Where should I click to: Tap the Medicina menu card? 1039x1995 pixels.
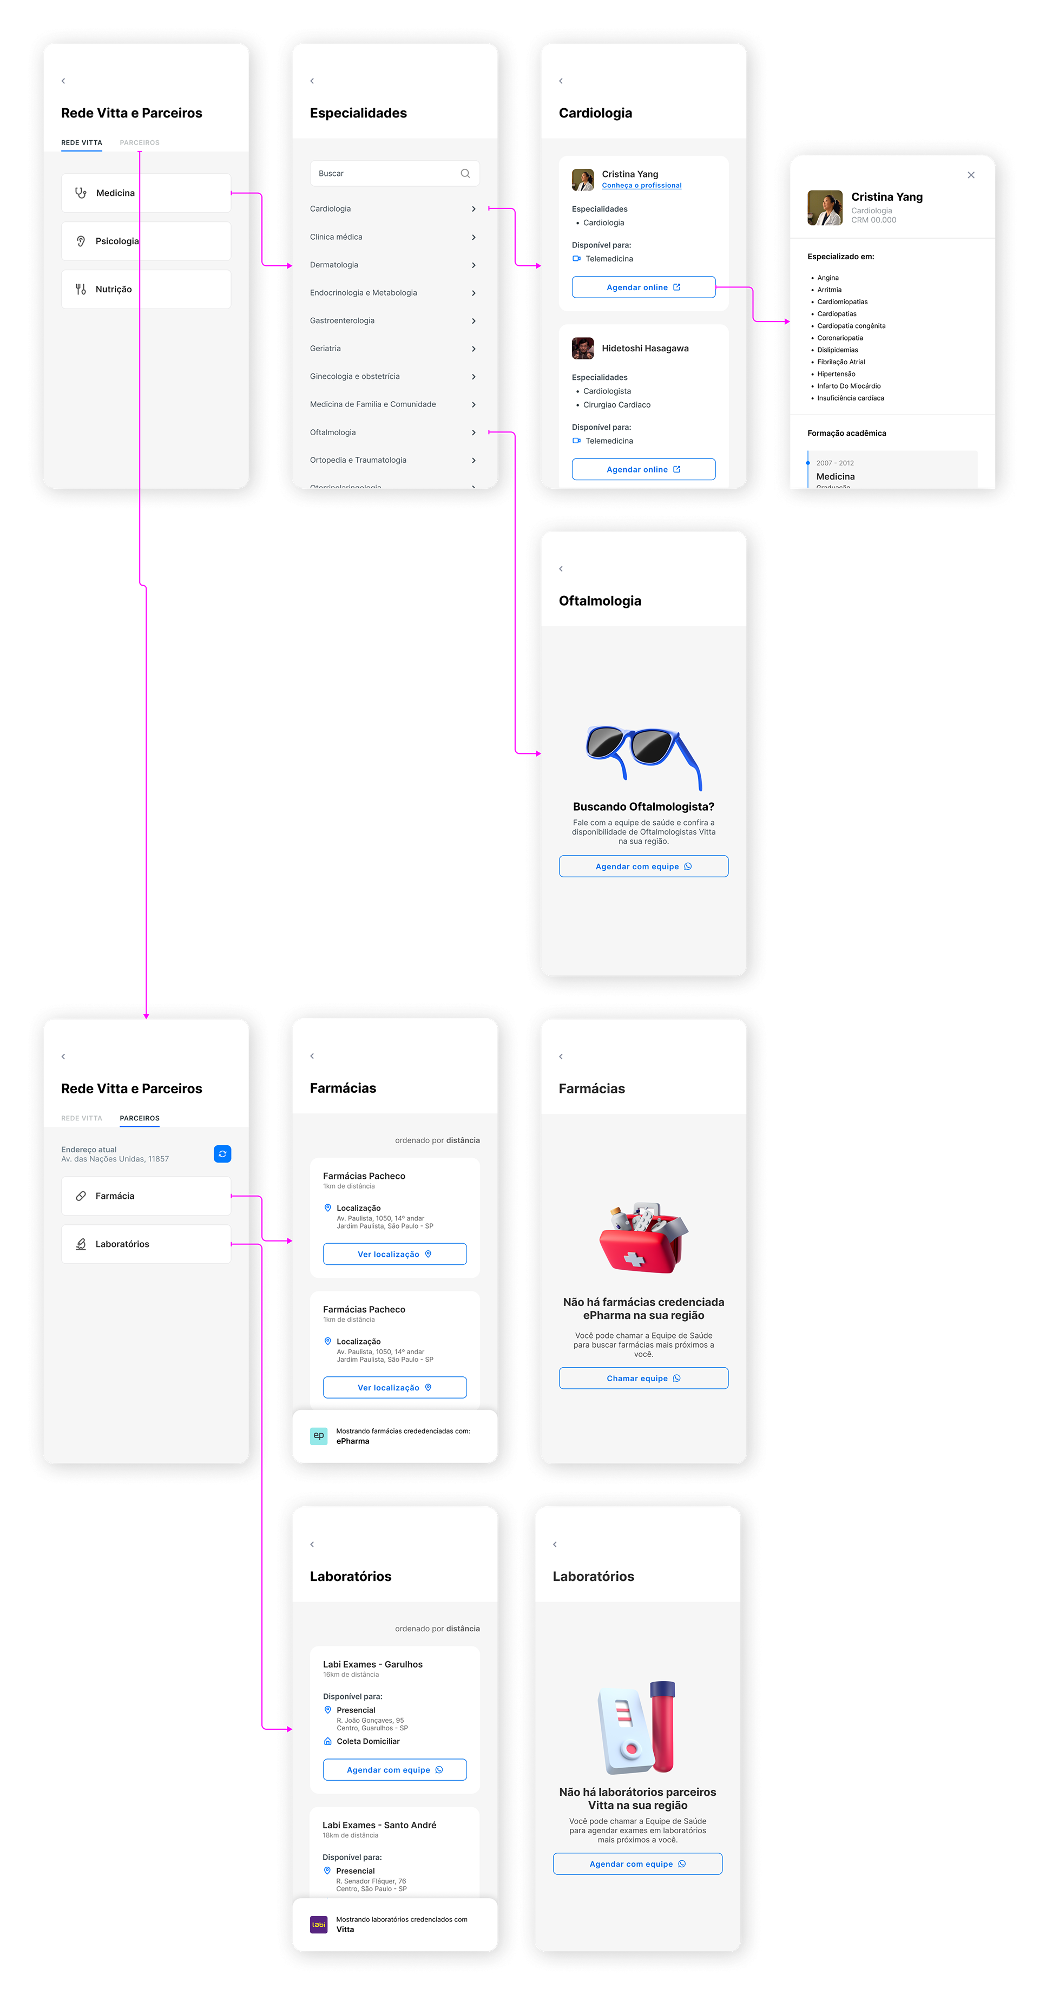(146, 193)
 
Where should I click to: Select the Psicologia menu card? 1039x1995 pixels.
(146, 241)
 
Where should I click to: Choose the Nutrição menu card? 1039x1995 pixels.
(146, 289)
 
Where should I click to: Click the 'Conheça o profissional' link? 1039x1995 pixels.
(641, 186)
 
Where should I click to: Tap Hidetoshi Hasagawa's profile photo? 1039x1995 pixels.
(582, 349)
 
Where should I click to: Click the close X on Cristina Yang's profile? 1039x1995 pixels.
(971, 175)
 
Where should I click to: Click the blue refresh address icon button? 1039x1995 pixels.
(222, 1154)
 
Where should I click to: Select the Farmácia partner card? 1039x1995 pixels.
(146, 1196)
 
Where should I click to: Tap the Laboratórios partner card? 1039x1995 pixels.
(146, 1244)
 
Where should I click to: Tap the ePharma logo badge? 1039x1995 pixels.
(319, 1436)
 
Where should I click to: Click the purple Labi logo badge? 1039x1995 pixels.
(319, 1925)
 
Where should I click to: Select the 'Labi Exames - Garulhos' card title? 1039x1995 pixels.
(372, 1664)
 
